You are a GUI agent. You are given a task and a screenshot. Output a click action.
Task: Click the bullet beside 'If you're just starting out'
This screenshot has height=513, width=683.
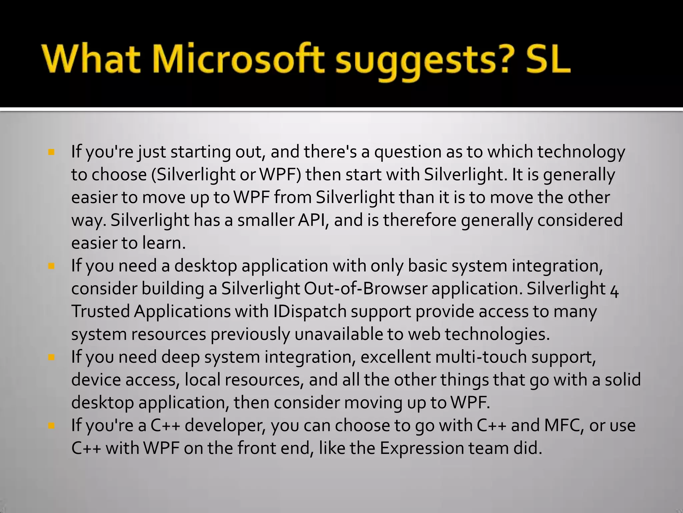(51, 153)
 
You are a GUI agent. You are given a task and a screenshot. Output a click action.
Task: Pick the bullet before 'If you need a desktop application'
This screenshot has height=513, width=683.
(51, 267)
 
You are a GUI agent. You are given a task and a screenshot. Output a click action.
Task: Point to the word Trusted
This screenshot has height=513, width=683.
(100, 312)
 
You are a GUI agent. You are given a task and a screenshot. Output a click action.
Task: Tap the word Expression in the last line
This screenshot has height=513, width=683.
(422, 449)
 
